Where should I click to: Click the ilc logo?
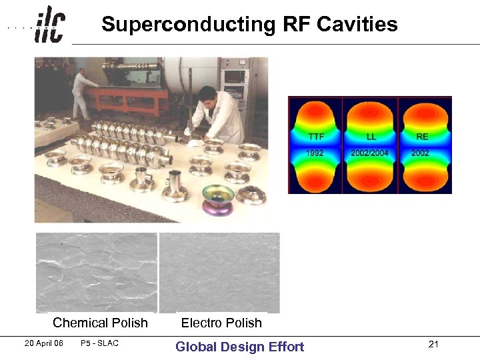pyautogui.click(x=50, y=25)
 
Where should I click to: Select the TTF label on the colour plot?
pyautogui.click(x=317, y=137)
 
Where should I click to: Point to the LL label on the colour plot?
pyautogui.click(x=371, y=137)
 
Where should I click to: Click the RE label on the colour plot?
pyautogui.click(x=422, y=137)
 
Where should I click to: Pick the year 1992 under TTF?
pyautogui.click(x=315, y=153)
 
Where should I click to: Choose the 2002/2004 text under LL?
pyautogui.click(x=369, y=153)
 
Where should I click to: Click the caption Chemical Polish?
pyautogui.click(x=100, y=323)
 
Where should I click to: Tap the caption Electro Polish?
pyautogui.click(x=221, y=323)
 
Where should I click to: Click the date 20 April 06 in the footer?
pyautogui.click(x=43, y=343)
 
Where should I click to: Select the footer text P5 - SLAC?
pyautogui.click(x=98, y=343)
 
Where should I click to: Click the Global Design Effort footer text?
pyautogui.click(x=239, y=347)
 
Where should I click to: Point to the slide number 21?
pyautogui.click(x=434, y=344)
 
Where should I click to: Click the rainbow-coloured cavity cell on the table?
pyautogui.click(x=218, y=199)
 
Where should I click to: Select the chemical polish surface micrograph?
pyautogui.click(x=97, y=272)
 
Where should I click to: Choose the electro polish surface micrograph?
pyautogui.click(x=219, y=272)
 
